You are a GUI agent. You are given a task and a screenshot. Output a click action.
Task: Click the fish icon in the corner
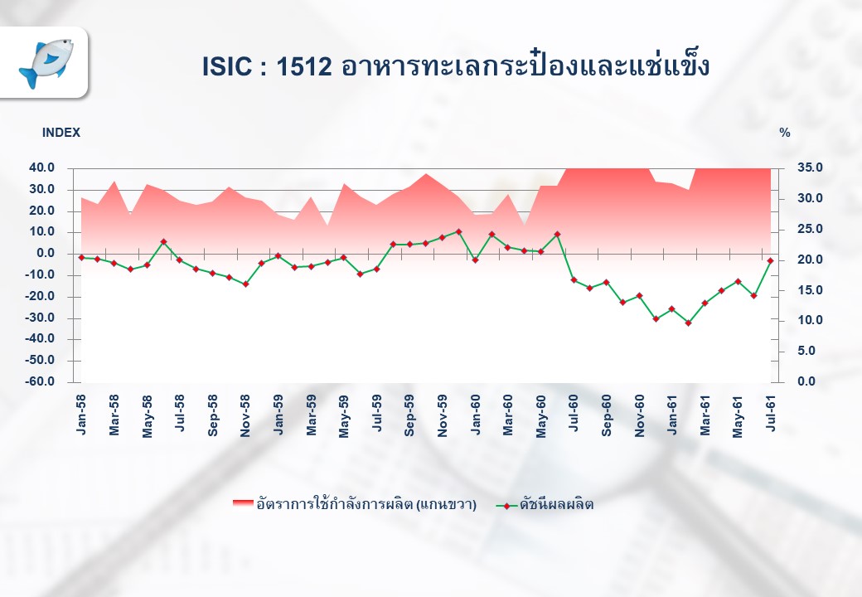click(x=46, y=63)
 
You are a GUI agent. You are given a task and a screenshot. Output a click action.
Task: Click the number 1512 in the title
click(x=304, y=67)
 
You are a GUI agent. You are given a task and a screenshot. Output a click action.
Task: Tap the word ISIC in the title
click(x=227, y=67)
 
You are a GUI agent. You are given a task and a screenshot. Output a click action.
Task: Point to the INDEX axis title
click(x=61, y=133)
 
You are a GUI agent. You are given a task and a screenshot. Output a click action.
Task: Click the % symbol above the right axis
click(x=784, y=133)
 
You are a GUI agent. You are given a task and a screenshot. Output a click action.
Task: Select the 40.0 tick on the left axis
click(x=41, y=167)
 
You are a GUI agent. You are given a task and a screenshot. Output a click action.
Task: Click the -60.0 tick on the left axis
click(x=40, y=381)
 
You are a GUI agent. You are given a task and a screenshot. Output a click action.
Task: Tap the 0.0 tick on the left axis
click(x=46, y=254)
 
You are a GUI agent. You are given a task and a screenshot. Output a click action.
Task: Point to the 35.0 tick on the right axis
click(x=810, y=167)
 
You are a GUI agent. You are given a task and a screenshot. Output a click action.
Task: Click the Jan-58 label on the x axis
click(x=81, y=415)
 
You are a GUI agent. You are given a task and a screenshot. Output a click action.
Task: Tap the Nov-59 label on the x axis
click(x=443, y=416)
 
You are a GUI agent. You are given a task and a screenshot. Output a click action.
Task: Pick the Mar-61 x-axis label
click(x=705, y=415)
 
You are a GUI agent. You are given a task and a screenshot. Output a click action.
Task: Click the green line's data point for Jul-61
click(x=770, y=260)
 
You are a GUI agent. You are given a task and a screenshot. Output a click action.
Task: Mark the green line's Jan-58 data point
click(x=81, y=257)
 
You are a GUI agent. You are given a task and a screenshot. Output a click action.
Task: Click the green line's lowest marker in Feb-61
click(x=688, y=323)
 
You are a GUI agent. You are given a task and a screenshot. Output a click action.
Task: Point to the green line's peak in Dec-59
click(x=458, y=232)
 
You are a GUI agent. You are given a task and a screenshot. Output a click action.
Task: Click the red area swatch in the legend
click(x=243, y=504)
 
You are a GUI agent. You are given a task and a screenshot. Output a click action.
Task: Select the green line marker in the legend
click(x=506, y=506)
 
